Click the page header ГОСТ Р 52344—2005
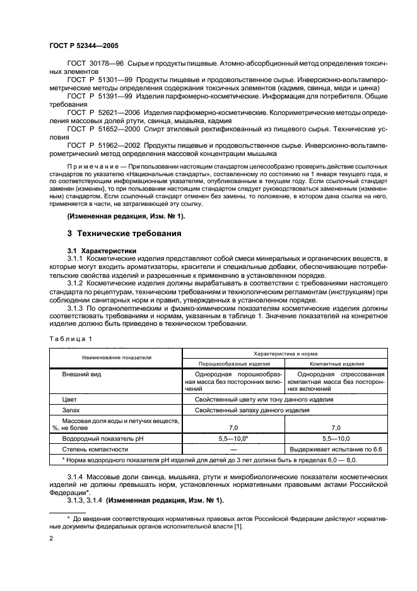pos(83,46)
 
